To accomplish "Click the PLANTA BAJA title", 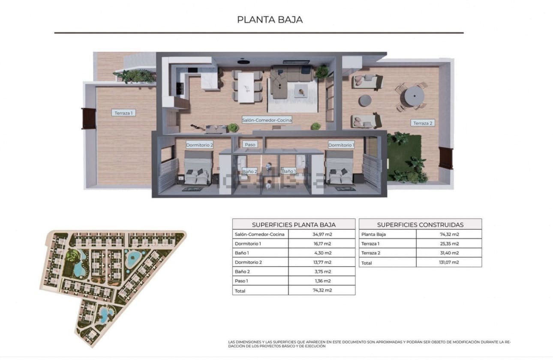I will pos(270,20).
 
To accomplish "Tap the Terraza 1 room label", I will pos(124,113).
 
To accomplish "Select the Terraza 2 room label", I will pos(423,123).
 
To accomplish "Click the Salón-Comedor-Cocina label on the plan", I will pos(267,120).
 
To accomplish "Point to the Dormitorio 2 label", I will pos(199,145).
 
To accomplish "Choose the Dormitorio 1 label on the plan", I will pos(341,145).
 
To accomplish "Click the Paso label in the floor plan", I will pos(249,144).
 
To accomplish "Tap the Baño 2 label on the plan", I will pos(249,171).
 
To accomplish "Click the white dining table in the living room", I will pos(246,87).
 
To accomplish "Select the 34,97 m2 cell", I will pos(322,234).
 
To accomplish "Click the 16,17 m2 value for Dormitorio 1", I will pos(322,244).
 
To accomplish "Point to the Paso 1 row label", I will pos(241,281).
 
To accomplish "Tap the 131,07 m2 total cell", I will pos(448,263).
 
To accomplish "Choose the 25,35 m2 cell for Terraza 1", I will pos(448,244).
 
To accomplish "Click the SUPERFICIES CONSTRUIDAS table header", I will pos(420,225).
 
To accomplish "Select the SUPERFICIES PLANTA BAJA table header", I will pos(294,225).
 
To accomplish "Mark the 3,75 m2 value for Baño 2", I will pos(322,272).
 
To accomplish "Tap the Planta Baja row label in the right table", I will pos(373,234).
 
